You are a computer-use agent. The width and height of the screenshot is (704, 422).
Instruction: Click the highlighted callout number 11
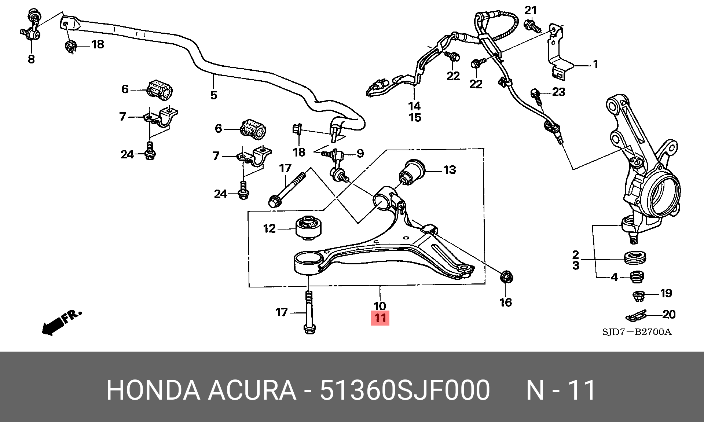[380, 318]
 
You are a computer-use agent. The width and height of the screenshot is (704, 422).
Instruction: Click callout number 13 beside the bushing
[450, 170]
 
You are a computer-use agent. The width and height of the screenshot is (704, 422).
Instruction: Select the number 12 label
[269, 229]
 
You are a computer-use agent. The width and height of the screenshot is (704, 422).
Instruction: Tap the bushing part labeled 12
[309, 228]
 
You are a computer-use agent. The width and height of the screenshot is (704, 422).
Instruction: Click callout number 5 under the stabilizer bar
[214, 95]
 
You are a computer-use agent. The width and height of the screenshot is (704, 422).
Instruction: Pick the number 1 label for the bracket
[595, 65]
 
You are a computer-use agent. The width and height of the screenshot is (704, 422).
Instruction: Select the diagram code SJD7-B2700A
[637, 332]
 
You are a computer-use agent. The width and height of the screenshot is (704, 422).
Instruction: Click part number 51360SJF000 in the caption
[405, 390]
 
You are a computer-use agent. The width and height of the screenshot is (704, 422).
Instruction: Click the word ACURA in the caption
[252, 390]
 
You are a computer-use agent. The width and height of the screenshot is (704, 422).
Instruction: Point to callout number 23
[558, 92]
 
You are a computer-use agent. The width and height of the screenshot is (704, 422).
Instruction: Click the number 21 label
[531, 11]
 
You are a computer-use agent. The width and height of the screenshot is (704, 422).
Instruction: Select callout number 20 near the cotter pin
[669, 314]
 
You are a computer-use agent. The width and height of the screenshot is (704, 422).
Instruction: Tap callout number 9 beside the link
[360, 153]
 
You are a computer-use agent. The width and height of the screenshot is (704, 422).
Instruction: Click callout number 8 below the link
[31, 59]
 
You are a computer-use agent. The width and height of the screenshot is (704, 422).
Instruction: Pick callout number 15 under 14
[415, 118]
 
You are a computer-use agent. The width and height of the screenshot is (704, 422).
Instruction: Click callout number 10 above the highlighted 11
[380, 305]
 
